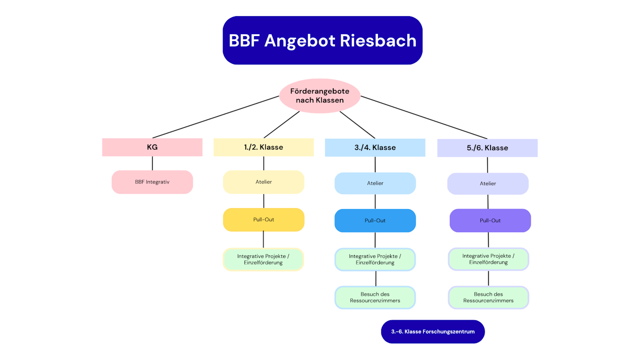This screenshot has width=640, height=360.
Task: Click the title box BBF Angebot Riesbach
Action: (322, 40)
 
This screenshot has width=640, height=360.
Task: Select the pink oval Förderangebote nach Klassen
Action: (320, 96)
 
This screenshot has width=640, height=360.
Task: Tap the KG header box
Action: (152, 147)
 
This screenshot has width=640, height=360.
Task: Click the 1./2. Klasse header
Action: (263, 147)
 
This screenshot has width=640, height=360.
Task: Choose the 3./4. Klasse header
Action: (375, 148)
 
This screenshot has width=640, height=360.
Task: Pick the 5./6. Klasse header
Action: (487, 148)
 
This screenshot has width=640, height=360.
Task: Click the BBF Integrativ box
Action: (152, 182)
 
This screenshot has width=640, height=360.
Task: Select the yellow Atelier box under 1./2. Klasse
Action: (263, 182)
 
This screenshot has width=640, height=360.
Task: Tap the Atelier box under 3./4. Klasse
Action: (375, 183)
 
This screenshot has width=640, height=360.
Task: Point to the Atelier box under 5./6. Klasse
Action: (488, 184)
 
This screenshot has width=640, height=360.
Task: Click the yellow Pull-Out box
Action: (263, 219)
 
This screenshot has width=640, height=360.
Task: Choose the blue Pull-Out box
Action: (375, 221)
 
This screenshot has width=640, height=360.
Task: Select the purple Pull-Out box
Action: (490, 221)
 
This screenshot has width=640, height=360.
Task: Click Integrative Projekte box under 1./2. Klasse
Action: (263, 260)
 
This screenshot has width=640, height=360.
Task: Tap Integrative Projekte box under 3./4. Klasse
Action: (375, 260)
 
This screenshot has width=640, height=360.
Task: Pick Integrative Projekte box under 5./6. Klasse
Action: (488, 259)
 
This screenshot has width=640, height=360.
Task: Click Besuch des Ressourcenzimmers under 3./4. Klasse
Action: (375, 298)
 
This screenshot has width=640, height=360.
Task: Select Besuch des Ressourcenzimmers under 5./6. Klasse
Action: (488, 298)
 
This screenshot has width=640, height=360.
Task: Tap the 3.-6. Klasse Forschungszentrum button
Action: (433, 332)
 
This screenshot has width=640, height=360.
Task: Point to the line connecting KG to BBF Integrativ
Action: (152, 163)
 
